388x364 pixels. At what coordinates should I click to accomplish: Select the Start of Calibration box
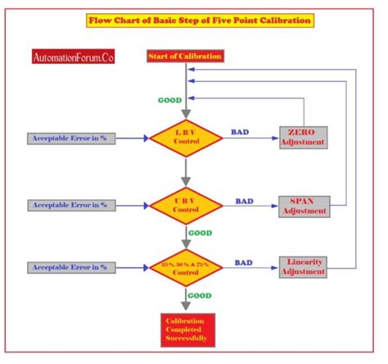pos(186,56)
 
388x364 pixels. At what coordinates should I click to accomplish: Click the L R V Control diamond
pos(186,139)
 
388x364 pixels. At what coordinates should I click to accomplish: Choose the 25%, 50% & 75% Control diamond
pos(186,268)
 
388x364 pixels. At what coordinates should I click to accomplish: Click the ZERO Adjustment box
pos(304,137)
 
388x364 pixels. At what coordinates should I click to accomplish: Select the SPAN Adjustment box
pos(305,206)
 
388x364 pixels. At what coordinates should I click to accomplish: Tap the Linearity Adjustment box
pos(304,266)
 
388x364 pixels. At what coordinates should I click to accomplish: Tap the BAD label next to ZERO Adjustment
pos(241,131)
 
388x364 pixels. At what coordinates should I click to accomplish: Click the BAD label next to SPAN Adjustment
pos(244,199)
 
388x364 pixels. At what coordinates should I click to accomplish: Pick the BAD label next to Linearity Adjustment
pos(244,262)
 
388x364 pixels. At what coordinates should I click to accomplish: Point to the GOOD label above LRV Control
pos(169,100)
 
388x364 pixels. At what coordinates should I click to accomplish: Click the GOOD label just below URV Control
pos(200,233)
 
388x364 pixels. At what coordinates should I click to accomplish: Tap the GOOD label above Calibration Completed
pos(200,295)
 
